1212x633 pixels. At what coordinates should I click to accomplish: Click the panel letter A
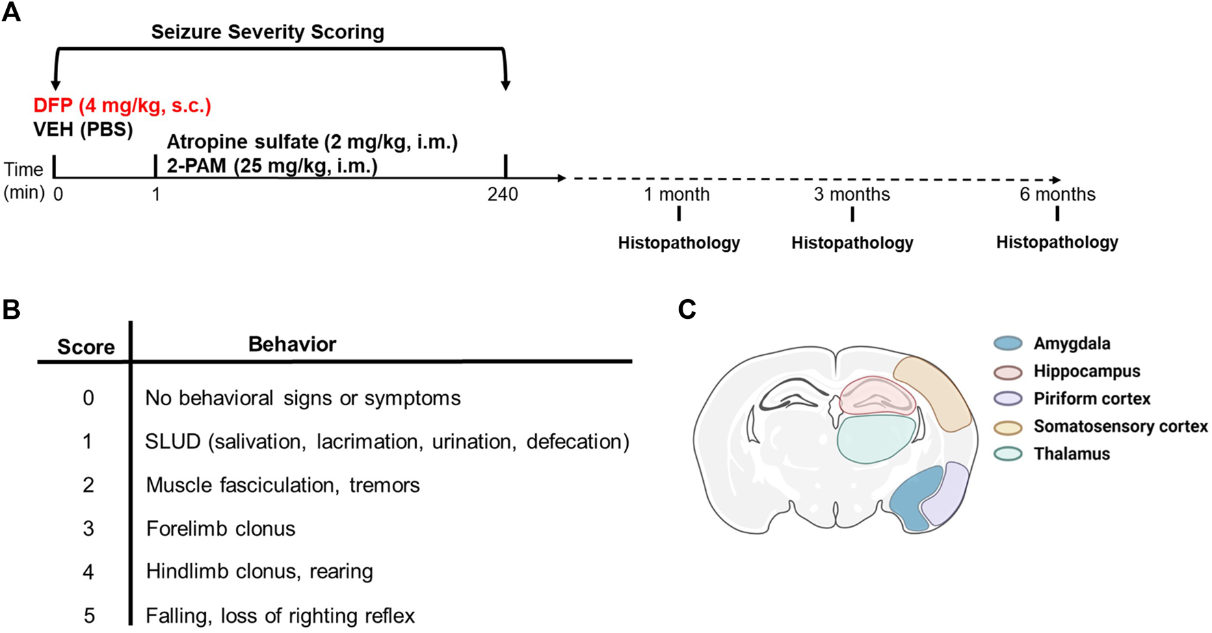point(12,12)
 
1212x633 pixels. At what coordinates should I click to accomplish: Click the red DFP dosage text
point(122,106)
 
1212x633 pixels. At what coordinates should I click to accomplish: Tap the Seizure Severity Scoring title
point(267,32)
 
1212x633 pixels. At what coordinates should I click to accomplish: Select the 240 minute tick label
point(503,195)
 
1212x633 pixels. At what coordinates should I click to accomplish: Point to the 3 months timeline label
point(852,195)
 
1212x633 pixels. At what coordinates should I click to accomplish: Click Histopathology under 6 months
point(1057,242)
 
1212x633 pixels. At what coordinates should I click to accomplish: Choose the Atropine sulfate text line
point(312,142)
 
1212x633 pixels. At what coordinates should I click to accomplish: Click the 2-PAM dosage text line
point(272,166)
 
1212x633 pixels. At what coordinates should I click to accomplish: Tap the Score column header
point(85,347)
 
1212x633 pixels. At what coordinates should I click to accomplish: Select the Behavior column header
point(292,344)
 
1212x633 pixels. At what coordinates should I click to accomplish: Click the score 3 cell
point(88,528)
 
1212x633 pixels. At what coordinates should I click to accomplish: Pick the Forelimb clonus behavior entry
point(220,528)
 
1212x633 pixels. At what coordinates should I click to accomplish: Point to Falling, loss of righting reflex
point(280,616)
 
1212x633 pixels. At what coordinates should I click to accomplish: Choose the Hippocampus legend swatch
point(1007,372)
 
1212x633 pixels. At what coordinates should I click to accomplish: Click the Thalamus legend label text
point(1072,454)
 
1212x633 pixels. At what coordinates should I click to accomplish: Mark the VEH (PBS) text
point(83,129)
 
